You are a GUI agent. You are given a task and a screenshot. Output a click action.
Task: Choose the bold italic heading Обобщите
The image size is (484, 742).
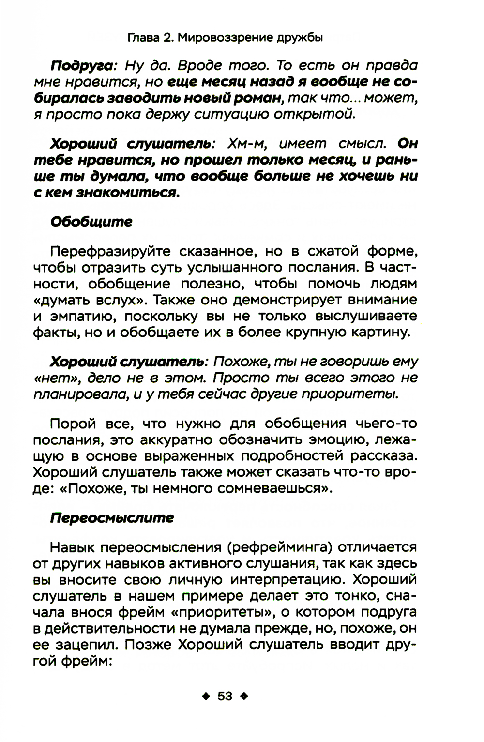91,222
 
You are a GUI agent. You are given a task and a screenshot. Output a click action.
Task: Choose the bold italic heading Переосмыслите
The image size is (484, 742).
112,518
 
